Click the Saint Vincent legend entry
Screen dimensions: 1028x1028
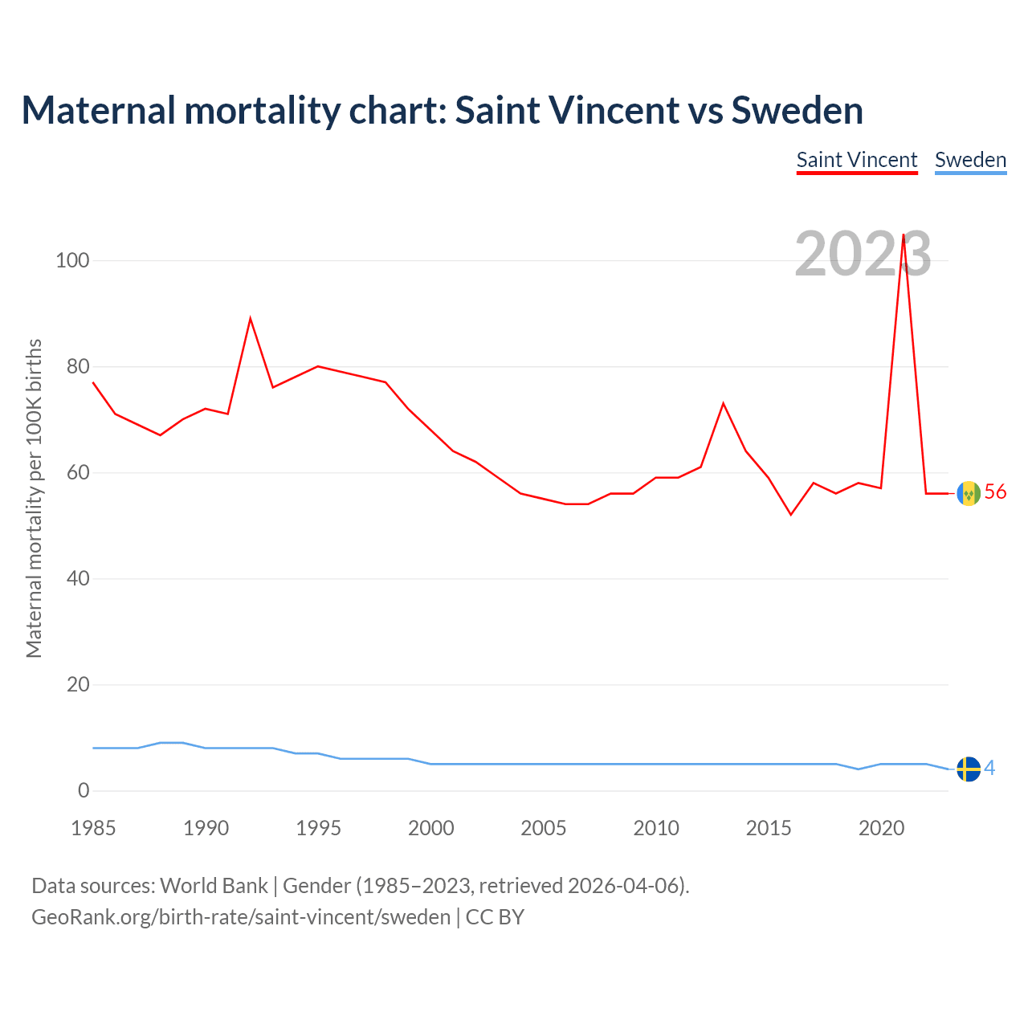pyautogui.click(x=856, y=160)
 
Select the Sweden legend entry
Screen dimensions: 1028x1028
pyautogui.click(x=970, y=160)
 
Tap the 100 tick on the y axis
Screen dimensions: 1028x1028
pyautogui.click(x=72, y=260)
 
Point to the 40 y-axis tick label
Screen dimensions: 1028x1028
pyautogui.click(x=78, y=578)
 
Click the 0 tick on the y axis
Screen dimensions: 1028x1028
pyautogui.click(x=84, y=790)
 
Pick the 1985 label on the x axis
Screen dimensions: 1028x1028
pyautogui.click(x=93, y=828)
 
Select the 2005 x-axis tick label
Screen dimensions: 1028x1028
pyautogui.click(x=544, y=828)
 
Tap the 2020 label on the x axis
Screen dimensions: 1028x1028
pyautogui.click(x=881, y=828)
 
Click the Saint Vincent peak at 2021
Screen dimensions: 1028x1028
pyautogui.click(x=904, y=235)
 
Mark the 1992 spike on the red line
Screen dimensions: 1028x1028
pyautogui.click(x=251, y=319)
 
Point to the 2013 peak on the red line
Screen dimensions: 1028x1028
pyautogui.click(x=724, y=403)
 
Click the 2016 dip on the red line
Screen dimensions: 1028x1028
pyautogui.click(x=791, y=514)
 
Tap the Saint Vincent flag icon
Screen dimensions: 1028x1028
pyautogui.click(x=969, y=493)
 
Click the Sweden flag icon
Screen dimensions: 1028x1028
pyautogui.click(x=969, y=769)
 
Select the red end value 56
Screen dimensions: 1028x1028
pyautogui.click(x=995, y=492)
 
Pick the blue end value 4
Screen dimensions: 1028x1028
pyautogui.click(x=989, y=769)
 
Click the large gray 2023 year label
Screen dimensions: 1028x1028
pyautogui.click(x=863, y=254)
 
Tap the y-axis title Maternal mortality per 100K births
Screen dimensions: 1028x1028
pyautogui.click(x=34, y=498)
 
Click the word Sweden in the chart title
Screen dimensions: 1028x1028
pyautogui.click(x=797, y=110)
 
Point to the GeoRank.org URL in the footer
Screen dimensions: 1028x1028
pyautogui.click(x=241, y=917)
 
